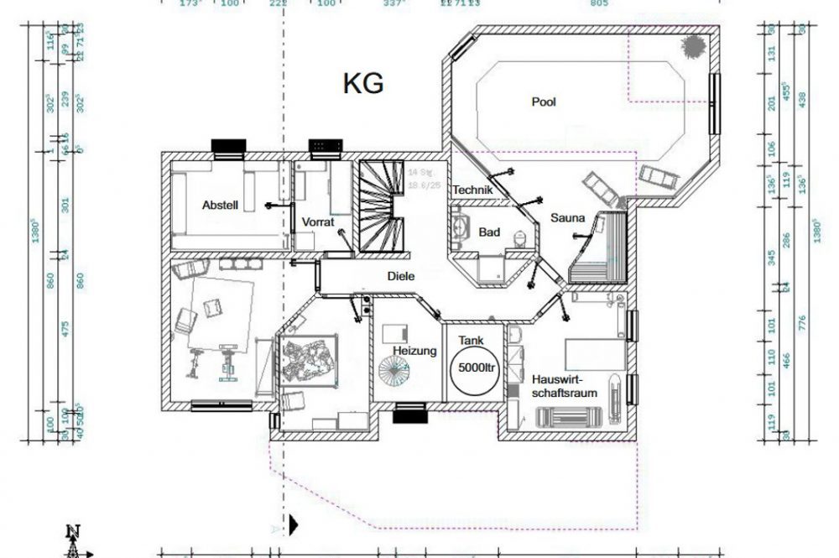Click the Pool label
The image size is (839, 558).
544,102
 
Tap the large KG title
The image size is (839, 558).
363,83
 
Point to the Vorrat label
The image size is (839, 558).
318,222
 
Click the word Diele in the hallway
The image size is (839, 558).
400,275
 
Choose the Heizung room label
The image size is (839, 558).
414,351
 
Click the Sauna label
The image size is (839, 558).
567,218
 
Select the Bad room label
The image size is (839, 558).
490,232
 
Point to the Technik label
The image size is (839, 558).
472,190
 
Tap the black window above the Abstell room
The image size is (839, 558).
228,148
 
